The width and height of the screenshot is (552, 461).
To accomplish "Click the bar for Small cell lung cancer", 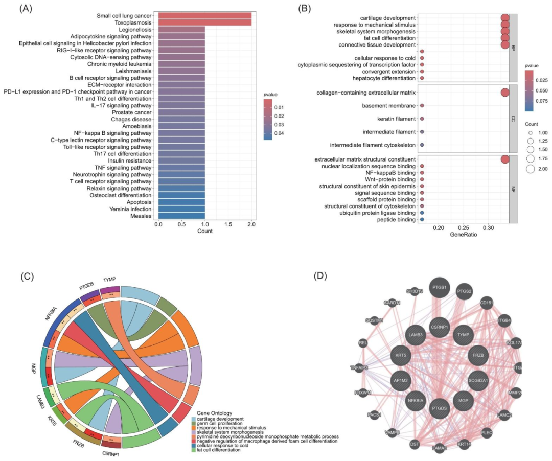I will pos(204,16).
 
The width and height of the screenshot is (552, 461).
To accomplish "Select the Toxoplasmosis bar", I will pos(204,23).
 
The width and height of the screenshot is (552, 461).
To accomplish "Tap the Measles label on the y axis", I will pos(141,216).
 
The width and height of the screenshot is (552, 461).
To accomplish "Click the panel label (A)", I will pos(28,9).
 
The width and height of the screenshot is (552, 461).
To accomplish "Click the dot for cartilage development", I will pos(505,18).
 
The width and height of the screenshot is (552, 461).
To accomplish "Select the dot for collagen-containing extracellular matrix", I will pos(505,93).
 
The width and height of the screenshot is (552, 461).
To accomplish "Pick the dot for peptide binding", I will pos(422,219).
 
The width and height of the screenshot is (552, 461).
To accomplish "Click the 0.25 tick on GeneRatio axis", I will pos(463,227).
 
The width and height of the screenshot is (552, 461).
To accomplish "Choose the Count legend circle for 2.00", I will pos(530,168).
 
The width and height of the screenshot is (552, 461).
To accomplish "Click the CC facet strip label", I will pos(514,119).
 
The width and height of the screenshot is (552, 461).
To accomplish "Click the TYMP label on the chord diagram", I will pos(109,280).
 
